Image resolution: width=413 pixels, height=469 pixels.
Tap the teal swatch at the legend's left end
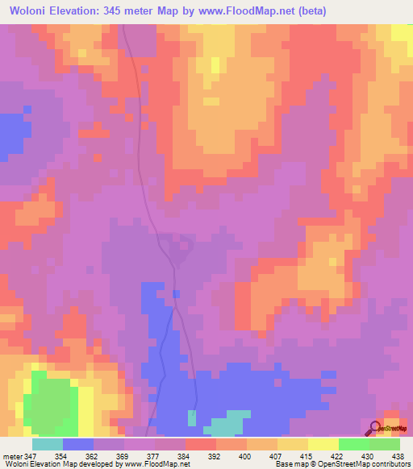tap(48, 444)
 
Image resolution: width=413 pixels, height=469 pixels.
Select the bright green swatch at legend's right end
tap(385, 444)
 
